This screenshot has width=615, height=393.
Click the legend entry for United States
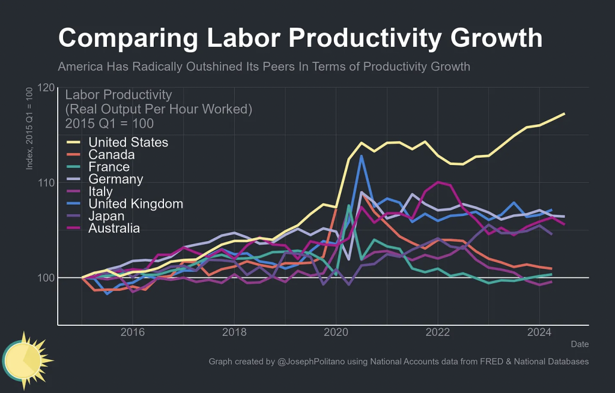coord(128,142)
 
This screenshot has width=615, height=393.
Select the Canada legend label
coord(111,155)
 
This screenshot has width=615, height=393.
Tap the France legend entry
coord(109,167)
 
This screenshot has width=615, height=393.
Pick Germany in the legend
coord(115,179)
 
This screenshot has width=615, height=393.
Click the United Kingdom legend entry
coord(135,203)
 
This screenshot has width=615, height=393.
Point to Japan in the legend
coord(106,216)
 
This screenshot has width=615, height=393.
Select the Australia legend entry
coord(114,228)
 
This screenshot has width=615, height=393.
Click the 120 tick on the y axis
coord(44,88)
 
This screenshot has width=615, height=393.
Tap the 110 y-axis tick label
coord(44,182)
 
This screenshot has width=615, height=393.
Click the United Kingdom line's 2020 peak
coord(362,156)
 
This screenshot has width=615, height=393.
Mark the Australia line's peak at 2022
coord(438,182)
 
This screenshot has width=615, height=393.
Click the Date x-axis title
coord(580,344)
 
